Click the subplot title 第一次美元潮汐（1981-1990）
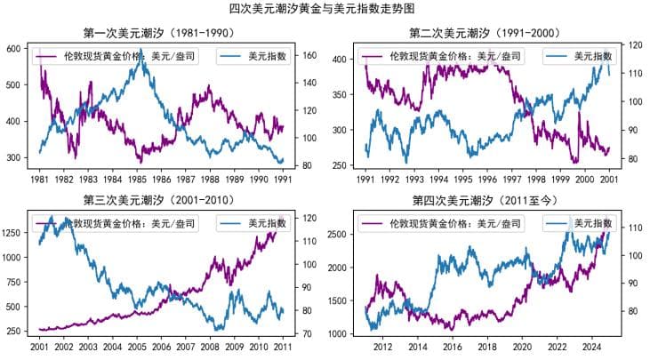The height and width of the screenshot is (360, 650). pos(159,34)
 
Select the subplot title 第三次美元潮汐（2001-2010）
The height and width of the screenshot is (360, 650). pos(159,199)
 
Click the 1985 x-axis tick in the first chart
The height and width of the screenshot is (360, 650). pos(136,179)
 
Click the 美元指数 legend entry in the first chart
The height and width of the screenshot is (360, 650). pos(264,56)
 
